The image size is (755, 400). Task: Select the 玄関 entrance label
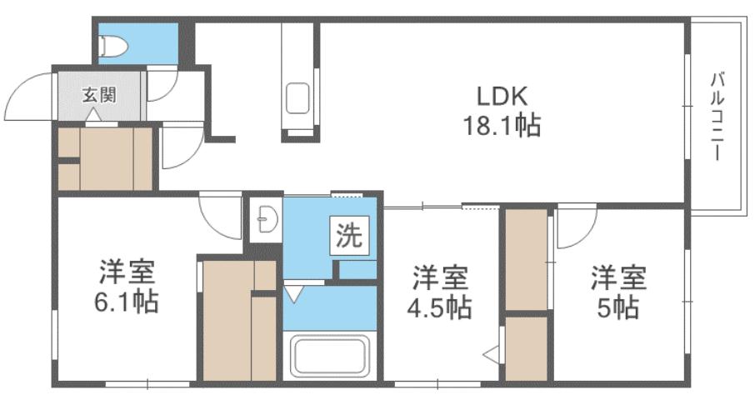pyautogui.click(x=97, y=93)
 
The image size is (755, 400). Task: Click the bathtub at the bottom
pyautogui.click(x=327, y=356)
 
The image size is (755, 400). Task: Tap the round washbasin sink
pyautogui.click(x=266, y=221)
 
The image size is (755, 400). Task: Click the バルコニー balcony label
pyautogui.click(x=717, y=117)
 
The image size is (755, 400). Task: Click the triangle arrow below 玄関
pyautogui.click(x=91, y=116)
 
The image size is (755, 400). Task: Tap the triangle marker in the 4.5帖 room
pyautogui.click(x=492, y=353)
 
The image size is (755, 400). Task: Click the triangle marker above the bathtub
pyautogui.click(x=293, y=292)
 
